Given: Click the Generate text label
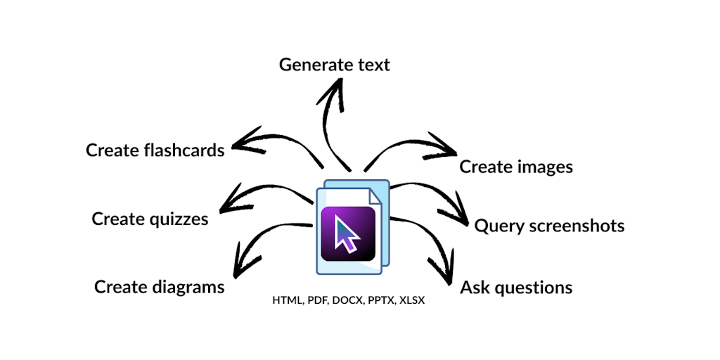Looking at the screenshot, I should coord(334,65).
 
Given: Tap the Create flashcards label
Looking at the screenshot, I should coord(155,150).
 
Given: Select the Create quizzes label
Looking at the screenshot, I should coord(150,219).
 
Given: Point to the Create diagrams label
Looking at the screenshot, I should coord(160,287).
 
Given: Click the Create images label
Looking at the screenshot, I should coord(516,167).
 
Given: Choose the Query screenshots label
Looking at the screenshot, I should coord(549,226).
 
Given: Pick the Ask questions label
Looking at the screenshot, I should coord(516,288).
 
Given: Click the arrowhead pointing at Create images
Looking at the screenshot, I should coord(448,148).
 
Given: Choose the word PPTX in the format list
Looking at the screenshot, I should coord(380,300).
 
